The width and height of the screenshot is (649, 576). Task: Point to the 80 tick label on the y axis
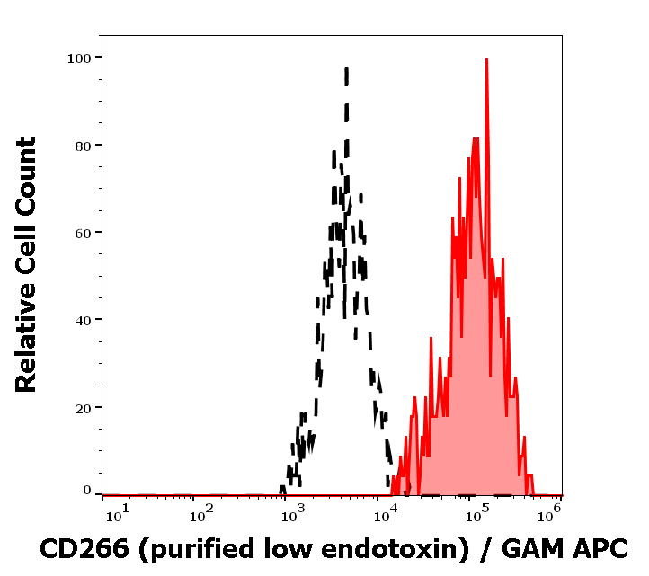click(x=83, y=145)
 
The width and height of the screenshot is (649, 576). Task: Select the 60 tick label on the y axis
click(x=83, y=233)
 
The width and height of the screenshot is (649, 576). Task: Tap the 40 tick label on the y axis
click(x=83, y=320)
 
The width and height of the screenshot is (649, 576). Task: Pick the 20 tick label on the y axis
click(x=83, y=407)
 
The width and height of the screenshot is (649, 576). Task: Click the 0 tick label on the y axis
click(x=87, y=491)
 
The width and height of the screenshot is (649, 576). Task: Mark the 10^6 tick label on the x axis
click(x=554, y=511)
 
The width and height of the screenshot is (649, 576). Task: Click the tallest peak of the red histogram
click(x=486, y=60)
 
